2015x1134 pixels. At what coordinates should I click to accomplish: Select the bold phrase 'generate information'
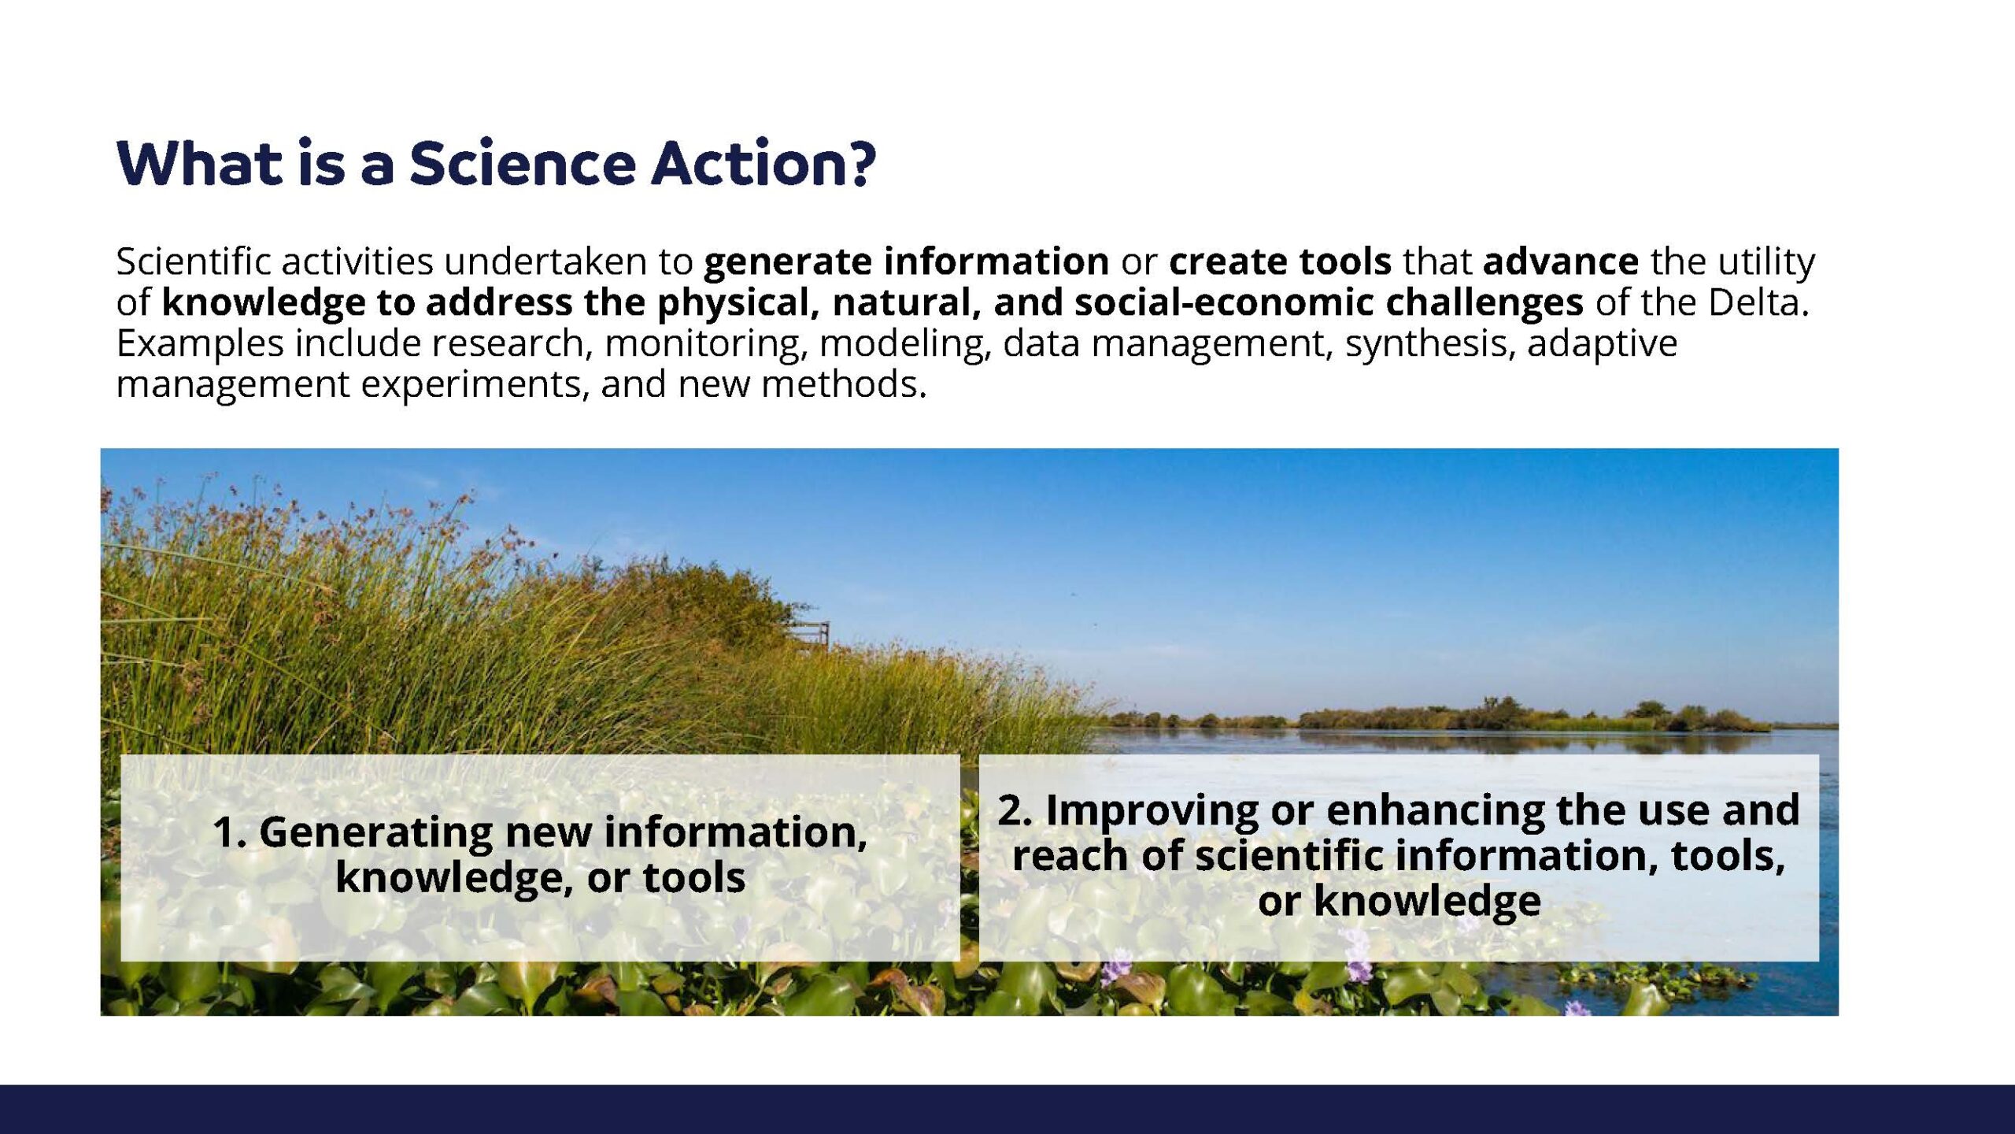tap(907, 262)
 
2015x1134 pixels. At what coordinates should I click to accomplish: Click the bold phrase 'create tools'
tap(1281, 261)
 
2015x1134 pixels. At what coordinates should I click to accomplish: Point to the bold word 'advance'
tap(1561, 261)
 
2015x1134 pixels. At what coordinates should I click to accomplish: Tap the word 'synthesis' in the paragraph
tap(1430, 344)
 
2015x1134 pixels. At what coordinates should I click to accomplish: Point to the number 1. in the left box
tap(229, 832)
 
